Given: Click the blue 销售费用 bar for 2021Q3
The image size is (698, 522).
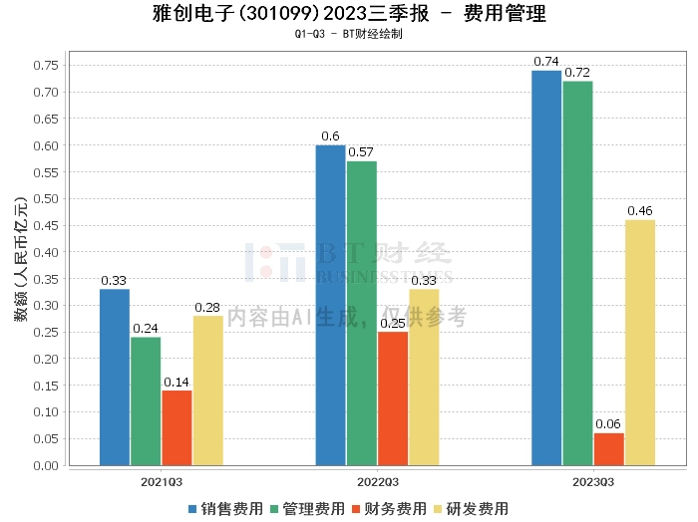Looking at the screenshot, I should [115, 377].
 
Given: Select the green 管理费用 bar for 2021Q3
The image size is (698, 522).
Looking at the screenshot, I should [146, 400].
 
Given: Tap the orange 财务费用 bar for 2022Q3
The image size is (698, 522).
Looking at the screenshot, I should [392, 397].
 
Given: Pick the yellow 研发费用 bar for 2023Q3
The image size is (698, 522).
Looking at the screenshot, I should [639, 342].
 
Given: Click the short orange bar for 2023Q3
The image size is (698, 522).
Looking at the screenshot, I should [608, 449].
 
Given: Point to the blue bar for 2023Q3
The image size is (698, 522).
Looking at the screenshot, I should [546, 267].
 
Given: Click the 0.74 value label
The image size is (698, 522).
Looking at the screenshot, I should [546, 62].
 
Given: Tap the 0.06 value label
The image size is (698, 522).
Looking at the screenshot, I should [608, 424].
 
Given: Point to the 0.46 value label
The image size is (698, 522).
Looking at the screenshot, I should [639, 211].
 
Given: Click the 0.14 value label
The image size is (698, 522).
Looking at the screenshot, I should [176, 382].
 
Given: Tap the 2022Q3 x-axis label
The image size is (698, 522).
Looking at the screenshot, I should [376, 481].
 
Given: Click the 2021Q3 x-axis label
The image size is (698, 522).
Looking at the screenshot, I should [161, 481].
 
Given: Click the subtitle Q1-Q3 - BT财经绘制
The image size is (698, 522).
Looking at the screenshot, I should [348, 34].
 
